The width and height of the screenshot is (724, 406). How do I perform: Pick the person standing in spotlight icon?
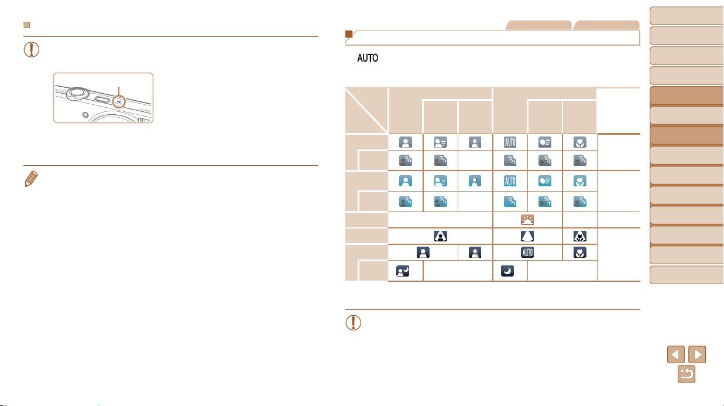point(440,236)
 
